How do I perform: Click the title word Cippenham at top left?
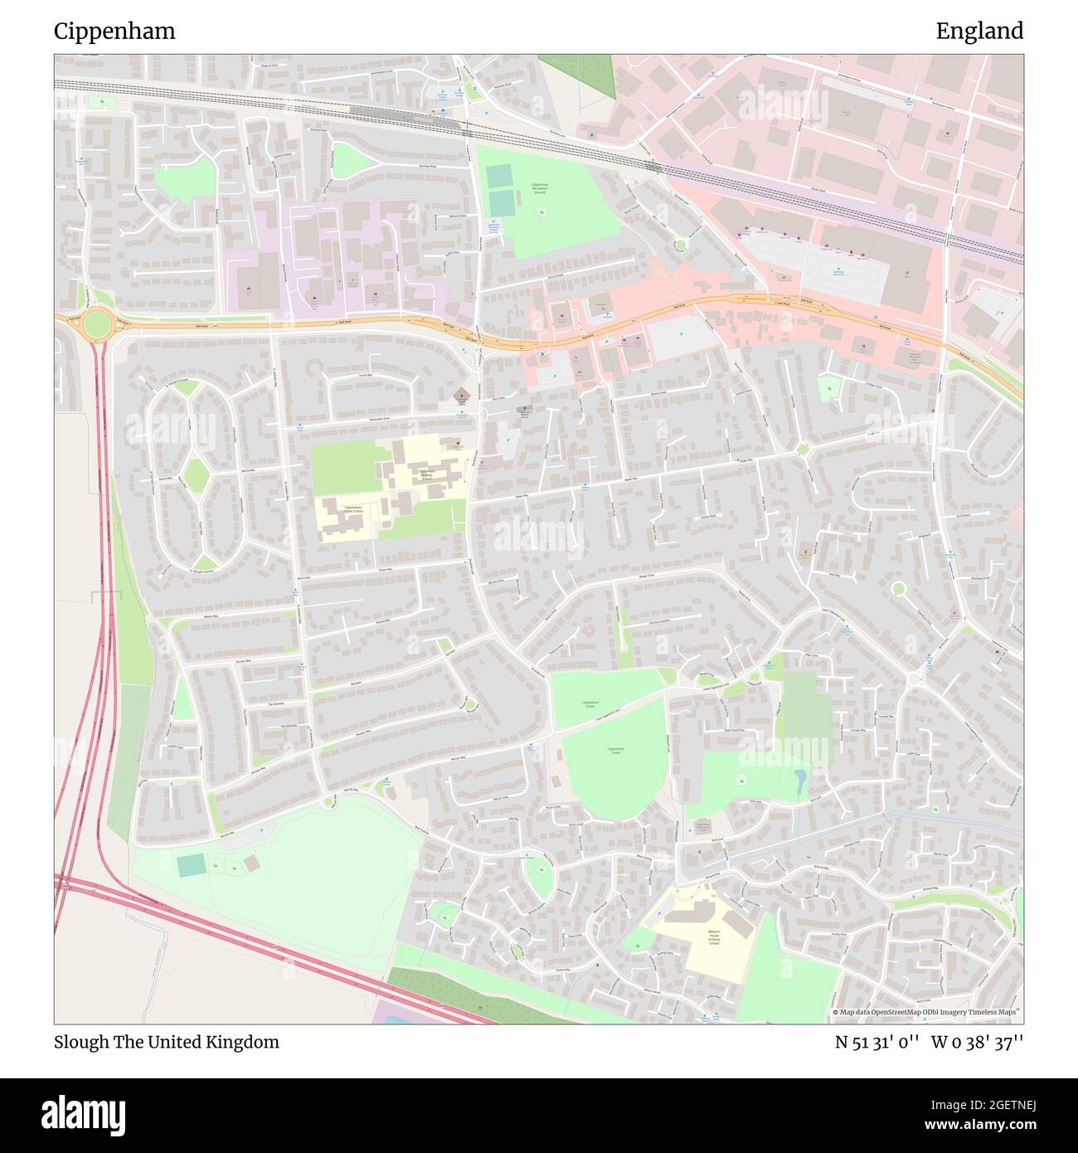pyautogui.click(x=114, y=32)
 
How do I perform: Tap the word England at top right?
pyautogui.click(x=979, y=32)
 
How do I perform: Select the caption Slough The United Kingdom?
pyautogui.click(x=166, y=1042)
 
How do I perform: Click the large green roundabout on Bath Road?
pyautogui.click(x=96, y=324)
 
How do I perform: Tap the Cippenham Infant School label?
pyautogui.click(x=353, y=509)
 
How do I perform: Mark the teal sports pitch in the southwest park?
pyautogui.click(x=192, y=865)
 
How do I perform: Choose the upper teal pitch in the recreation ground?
pyautogui.click(x=500, y=177)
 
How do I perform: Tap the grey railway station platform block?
pyautogui.click(x=378, y=111)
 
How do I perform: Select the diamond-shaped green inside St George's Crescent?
pyautogui.click(x=197, y=474)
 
